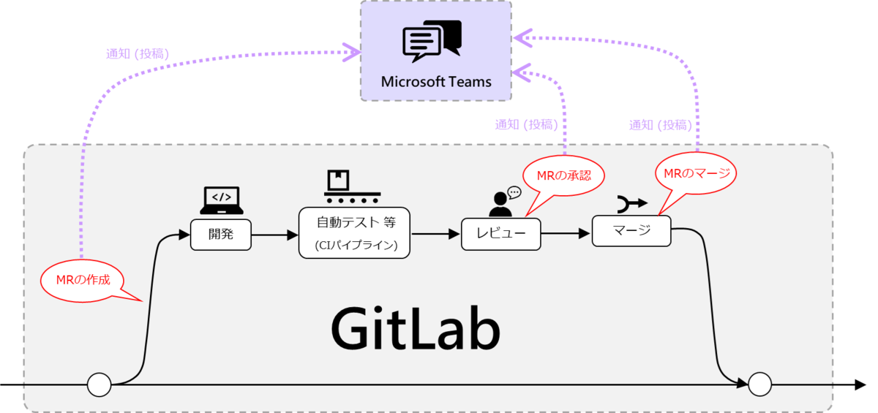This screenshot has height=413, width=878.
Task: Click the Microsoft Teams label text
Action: click(436, 81)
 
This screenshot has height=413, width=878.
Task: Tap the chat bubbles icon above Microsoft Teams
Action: click(432, 41)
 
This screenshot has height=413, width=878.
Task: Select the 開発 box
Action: click(220, 235)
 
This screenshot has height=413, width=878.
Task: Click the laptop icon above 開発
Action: click(222, 200)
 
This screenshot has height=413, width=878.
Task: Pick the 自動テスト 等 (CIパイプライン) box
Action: click(355, 232)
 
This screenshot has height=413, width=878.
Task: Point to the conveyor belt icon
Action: click(352, 188)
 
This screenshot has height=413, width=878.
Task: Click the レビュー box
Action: click(500, 235)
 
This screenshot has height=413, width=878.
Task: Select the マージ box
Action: click(631, 231)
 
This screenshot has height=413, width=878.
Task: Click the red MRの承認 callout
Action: click(563, 176)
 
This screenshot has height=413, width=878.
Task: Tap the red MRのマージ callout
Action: click(694, 174)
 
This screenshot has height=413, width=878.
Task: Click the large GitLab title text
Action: click(415, 330)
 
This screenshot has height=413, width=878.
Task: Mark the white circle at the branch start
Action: click(99, 384)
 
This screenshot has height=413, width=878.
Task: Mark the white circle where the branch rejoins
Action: click(759, 384)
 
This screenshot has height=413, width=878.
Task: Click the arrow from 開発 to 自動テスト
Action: click(274, 235)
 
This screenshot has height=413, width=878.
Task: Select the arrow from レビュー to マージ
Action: click(566, 234)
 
